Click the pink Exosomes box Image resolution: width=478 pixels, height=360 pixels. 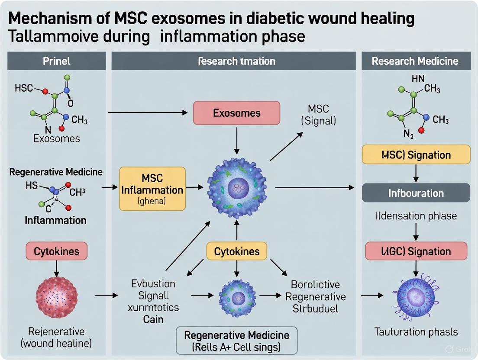coord(237,113)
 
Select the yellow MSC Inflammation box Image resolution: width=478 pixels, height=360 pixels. coord(152,189)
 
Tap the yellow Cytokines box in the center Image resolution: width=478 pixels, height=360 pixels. coord(237,251)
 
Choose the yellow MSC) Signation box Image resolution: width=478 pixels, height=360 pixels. coord(416,155)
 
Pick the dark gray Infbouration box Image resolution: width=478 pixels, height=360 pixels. coord(416,193)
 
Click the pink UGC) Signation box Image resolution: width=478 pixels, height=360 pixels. coord(416,251)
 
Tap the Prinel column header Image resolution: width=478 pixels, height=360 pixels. coord(56,61)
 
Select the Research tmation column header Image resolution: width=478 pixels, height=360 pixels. coord(236,61)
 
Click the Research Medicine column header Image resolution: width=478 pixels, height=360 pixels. coord(415,61)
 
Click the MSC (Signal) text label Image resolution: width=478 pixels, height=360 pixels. coord(318,115)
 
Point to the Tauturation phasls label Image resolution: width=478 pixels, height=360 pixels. coord(416,332)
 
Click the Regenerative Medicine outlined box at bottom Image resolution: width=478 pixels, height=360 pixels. coord(237,341)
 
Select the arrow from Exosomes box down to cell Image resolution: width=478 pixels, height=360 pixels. coord(237,140)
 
